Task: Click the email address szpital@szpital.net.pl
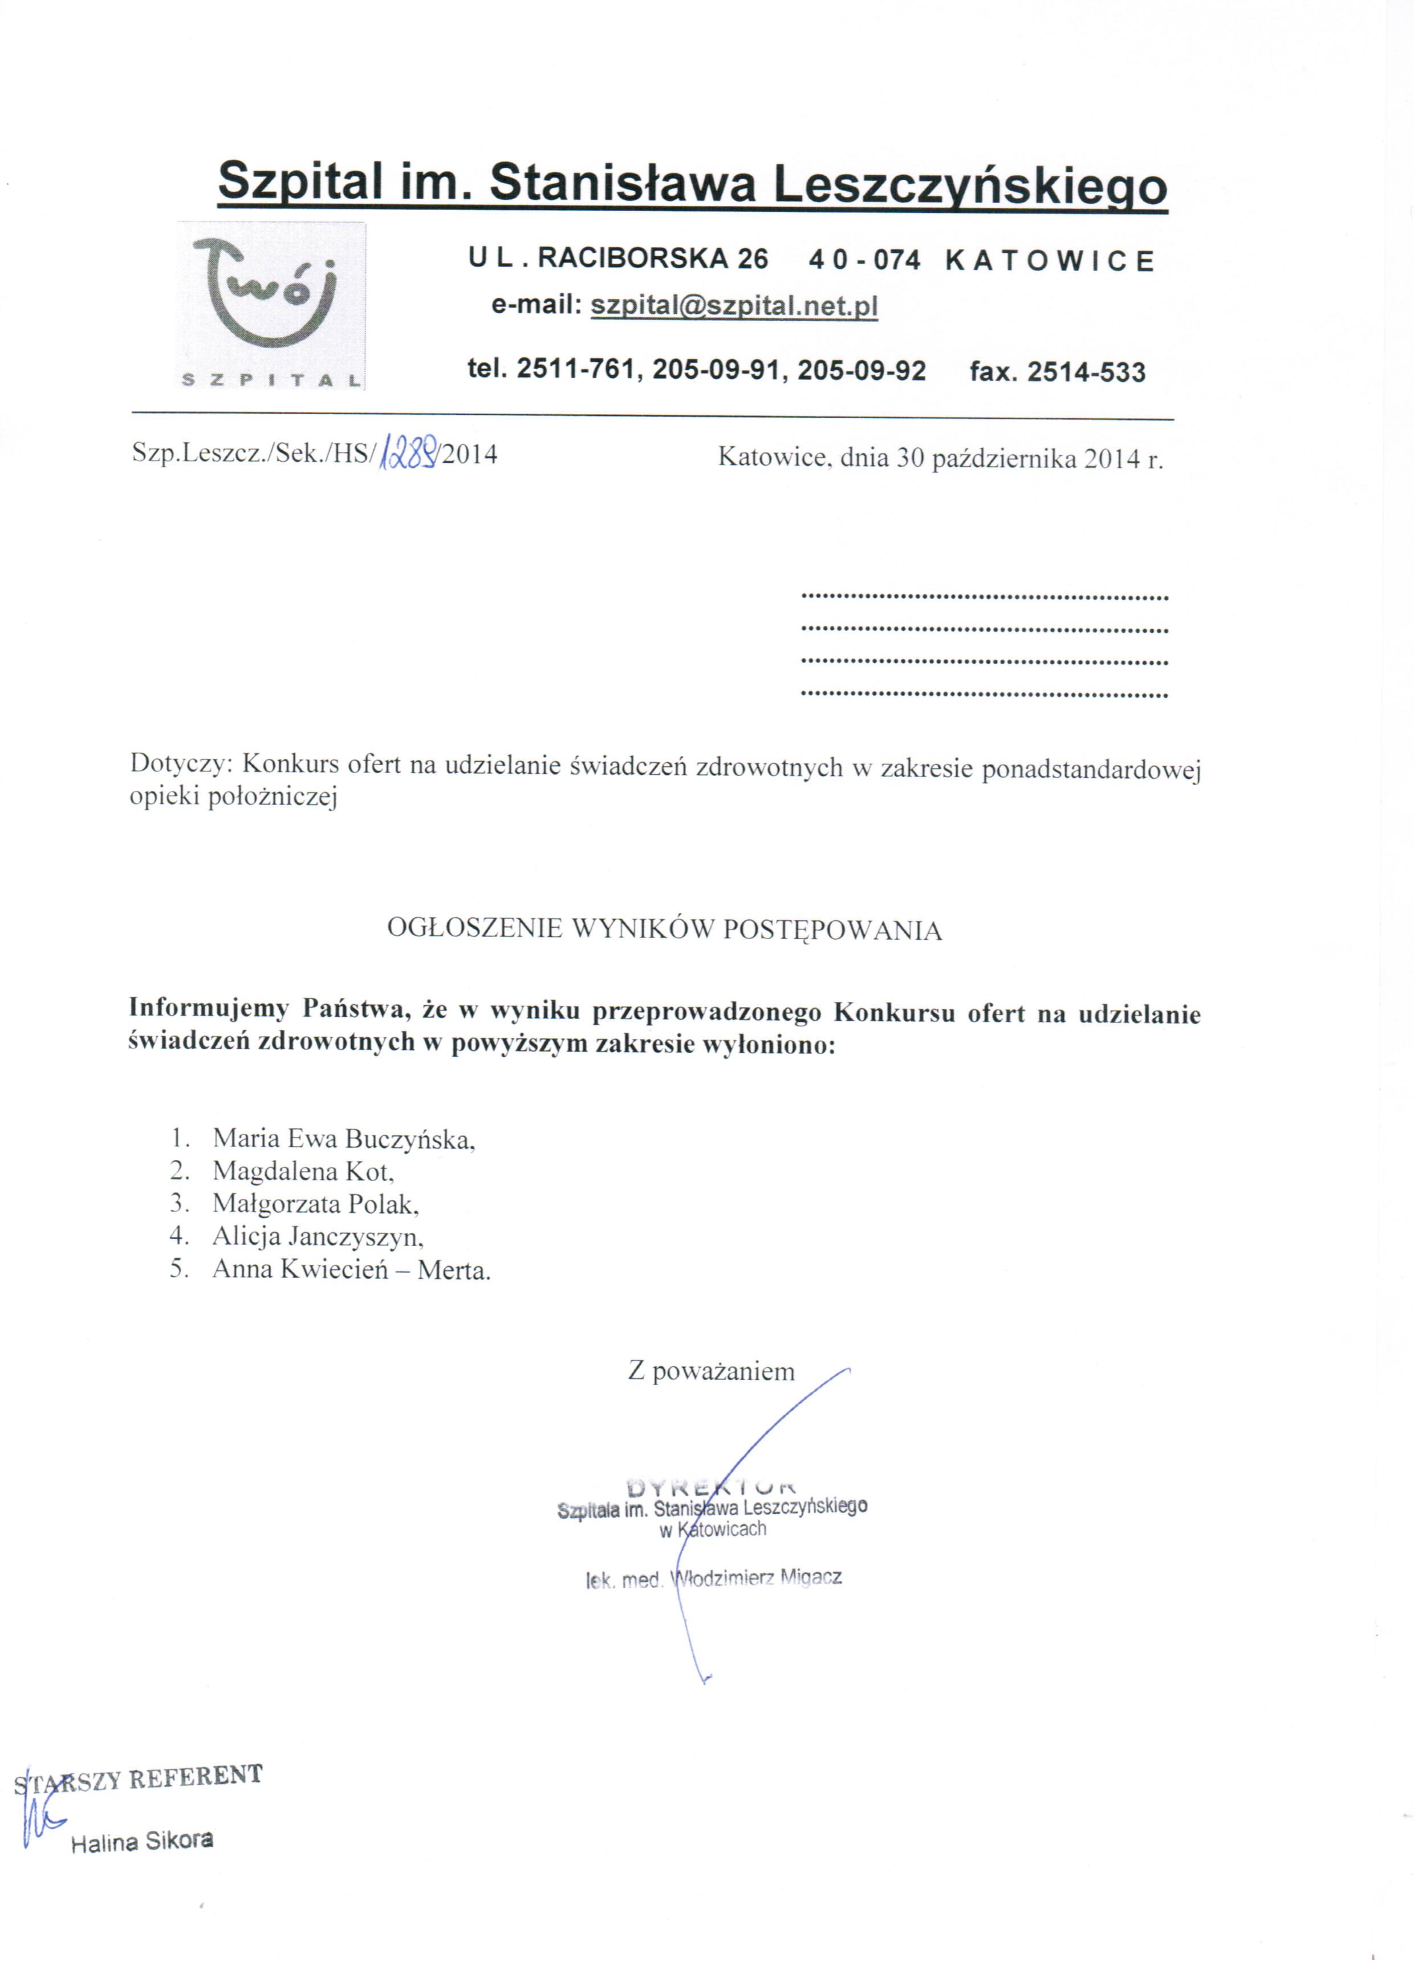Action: click(x=734, y=306)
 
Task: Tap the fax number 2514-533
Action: click(x=1086, y=373)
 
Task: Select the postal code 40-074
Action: click(x=864, y=260)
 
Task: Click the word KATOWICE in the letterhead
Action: click(x=1050, y=261)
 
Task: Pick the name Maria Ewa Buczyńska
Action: click(x=344, y=1139)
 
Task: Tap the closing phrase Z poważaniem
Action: click(x=710, y=1371)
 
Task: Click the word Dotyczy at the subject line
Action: click(x=181, y=765)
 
